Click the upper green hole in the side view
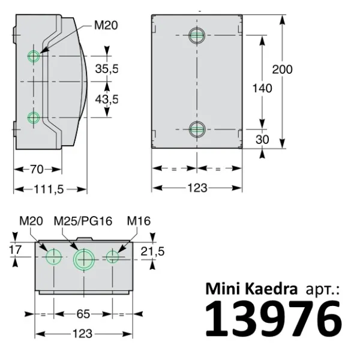(34, 56)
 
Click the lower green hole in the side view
(34, 116)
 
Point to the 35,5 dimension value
(107, 69)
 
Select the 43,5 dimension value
(107, 99)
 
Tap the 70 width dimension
(36, 170)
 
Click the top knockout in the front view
(197, 35)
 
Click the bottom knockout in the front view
(197, 128)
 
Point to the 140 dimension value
(262, 88)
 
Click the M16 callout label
(139, 221)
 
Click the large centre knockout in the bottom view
(84, 260)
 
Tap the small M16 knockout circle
(113, 257)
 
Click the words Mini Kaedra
(251, 289)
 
